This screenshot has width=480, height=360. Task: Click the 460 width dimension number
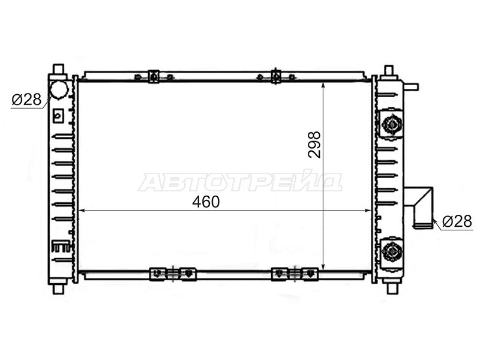[206, 202]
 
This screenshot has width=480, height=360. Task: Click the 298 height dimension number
[314, 145]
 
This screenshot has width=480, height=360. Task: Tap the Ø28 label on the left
[26, 100]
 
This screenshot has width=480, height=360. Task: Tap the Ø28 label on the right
[457, 221]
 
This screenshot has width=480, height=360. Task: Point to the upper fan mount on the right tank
[391, 124]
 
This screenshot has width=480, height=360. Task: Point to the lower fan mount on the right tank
[391, 251]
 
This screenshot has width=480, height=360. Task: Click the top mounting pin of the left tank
[58, 70]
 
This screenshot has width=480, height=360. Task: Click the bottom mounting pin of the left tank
[58, 289]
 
